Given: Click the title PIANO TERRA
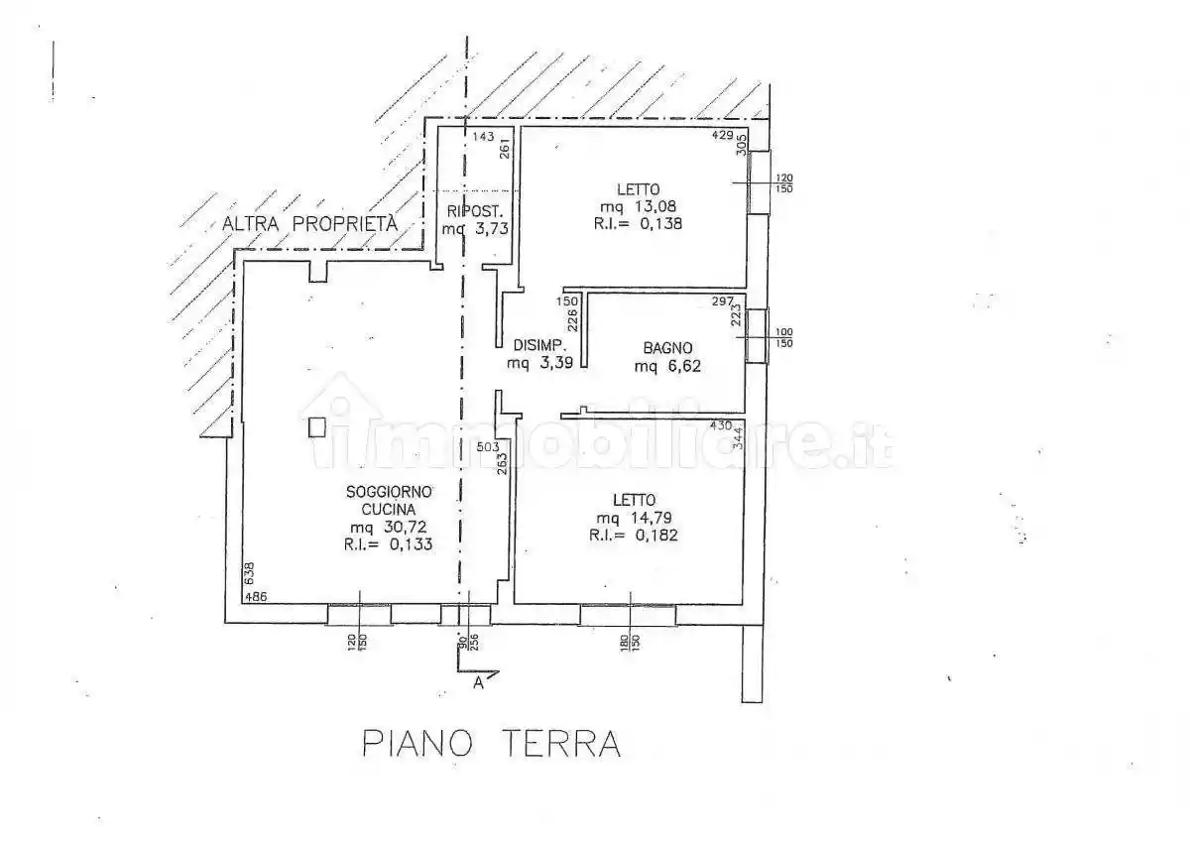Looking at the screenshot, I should pyautogui.click(x=491, y=743).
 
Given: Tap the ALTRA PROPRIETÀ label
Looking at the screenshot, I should pyautogui.click(x=309, y=224).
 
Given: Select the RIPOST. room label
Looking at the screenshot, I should pyautogui.click(x=478, y=211).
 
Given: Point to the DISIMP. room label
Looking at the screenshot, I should pyautogui.click(x=539, y=346).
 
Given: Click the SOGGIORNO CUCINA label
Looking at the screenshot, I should pyautogui.click(x=390, y=501).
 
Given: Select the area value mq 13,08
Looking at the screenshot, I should pyautogui.click(x=641, y=206).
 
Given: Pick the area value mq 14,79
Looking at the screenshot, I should pyautogui.click(x=638, y=518).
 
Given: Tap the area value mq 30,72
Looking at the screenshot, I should pyautogui.click(x=388, y=528).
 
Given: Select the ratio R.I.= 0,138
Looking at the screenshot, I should pyautogui.click(x=640, y=224).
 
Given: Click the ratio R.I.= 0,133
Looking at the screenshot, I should pyautogui.click(x=388, y=544).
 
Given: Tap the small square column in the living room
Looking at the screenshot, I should pyautogui.click(x=316, y=426).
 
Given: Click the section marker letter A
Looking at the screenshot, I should pyautogui.click(x=479, y=682).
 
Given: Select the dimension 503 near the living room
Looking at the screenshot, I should pyautogui.click(x=488, y=448).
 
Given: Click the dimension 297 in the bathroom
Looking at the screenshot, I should pyautogui.click(x=721, y=300).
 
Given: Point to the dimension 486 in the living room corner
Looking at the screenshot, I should pyautogui.click(x=256, y=597).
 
